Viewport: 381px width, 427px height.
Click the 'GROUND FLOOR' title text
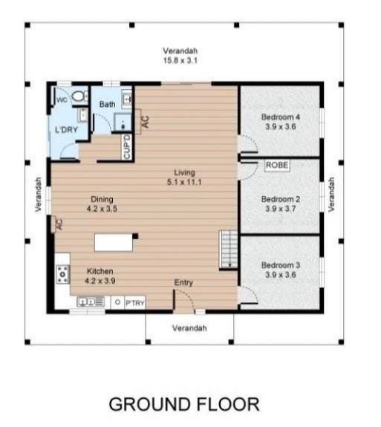click(184, 405)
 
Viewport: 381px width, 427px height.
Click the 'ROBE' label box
click(277, 166)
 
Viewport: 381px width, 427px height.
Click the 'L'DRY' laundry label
click(67, 131)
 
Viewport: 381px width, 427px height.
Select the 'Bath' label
click(107, 105)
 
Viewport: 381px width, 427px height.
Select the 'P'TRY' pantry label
click(134, 303)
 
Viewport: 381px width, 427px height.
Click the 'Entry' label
click(183, 283)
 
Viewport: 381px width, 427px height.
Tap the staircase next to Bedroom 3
click(228, 249)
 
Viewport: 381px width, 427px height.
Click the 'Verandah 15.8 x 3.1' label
click(180, 56)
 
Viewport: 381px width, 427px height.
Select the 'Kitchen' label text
click(100, 276)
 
